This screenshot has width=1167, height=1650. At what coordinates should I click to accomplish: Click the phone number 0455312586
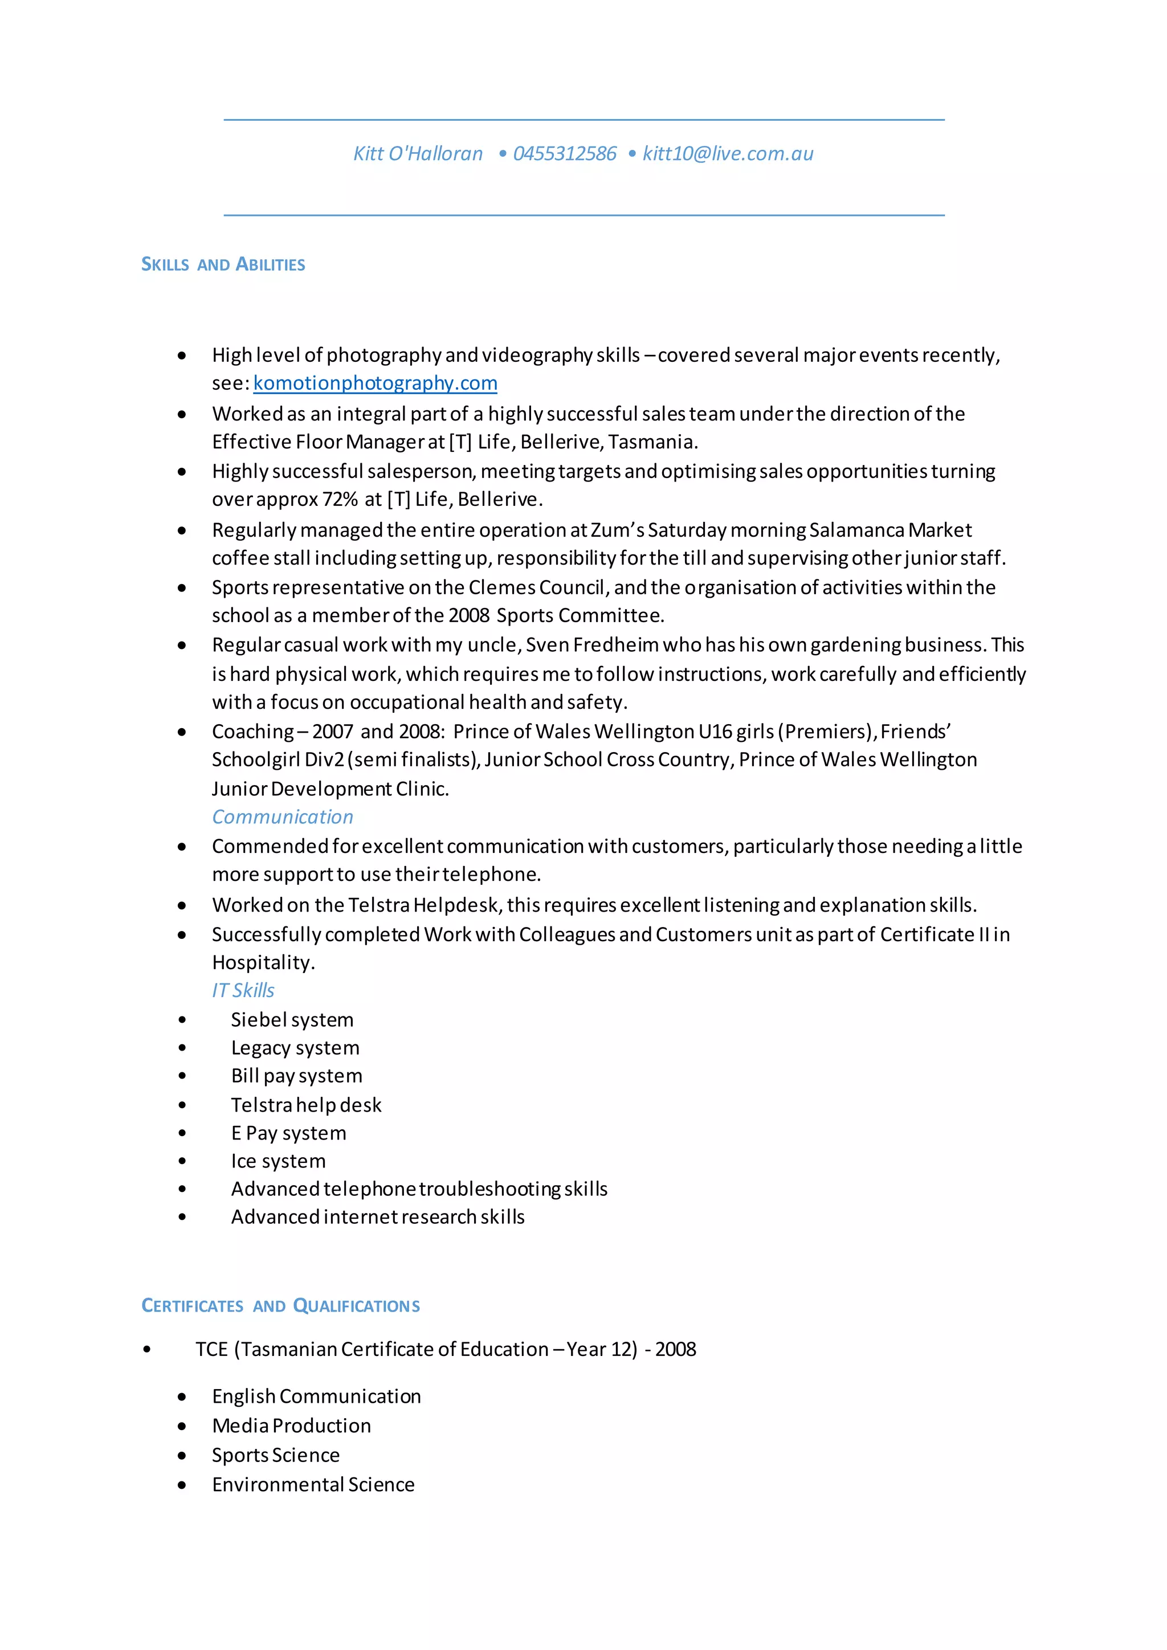pos(564,154)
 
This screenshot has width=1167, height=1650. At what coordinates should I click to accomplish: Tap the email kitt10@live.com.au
pos(727,154)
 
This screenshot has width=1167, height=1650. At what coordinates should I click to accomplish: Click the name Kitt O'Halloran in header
pos(418,154)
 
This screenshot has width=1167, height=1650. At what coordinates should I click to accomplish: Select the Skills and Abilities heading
pos(223,264)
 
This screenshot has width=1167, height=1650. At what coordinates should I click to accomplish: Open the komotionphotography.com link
pos(375,383)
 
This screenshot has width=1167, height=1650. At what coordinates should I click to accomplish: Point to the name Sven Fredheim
pos(591,644)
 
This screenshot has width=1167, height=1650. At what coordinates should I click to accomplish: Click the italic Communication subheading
pos(283,817)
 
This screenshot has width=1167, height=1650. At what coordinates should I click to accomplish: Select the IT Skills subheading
pos(243,990)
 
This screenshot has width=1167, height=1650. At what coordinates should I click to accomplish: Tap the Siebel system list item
pos(292,1020)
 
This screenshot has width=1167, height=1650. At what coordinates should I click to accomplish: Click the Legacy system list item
pos(295,1048)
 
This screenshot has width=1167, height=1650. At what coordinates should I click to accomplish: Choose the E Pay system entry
pos(288,1133)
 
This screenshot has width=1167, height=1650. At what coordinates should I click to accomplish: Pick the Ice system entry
pos(278,1161)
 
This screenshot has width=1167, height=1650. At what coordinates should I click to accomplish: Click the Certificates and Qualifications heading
pos(280,1306)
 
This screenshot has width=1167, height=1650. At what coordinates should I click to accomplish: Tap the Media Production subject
pos(291,1426)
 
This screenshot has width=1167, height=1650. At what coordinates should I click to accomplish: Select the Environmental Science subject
pos(313,1485)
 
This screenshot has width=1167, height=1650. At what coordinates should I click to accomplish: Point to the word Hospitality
pos(262,963)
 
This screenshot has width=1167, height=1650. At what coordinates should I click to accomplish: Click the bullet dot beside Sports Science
pos(182,1456)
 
